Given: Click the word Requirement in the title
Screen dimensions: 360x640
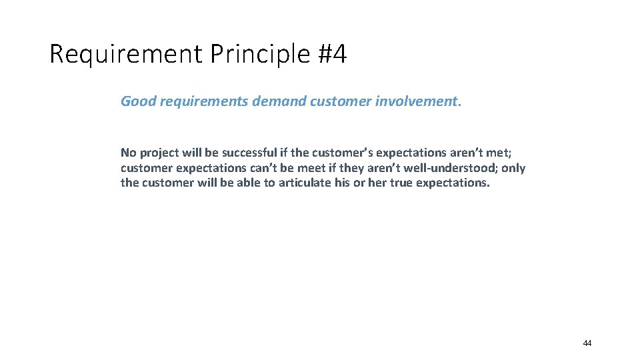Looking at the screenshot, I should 125,55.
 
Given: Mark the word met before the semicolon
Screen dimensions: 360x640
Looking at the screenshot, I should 499,153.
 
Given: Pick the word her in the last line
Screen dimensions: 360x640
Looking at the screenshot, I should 377,183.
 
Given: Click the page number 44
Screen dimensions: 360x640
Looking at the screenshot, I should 587,343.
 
